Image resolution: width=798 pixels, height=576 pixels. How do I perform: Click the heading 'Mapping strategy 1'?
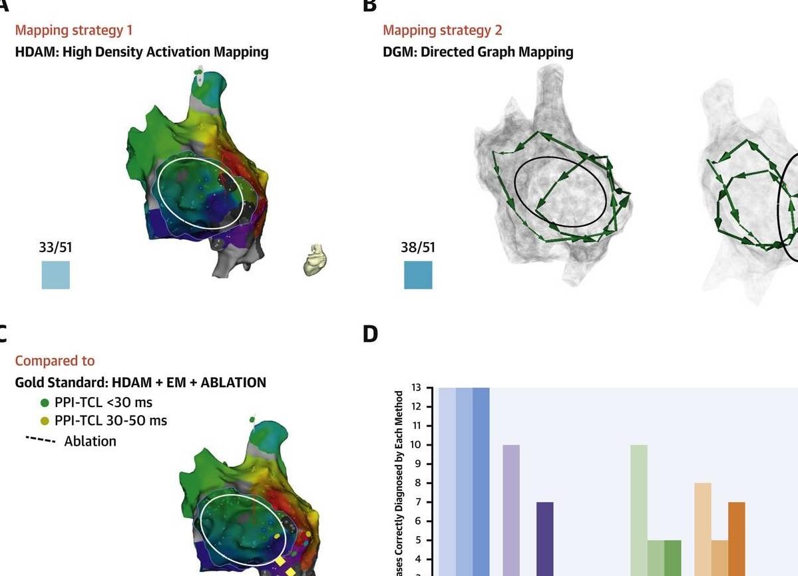coord(74,30)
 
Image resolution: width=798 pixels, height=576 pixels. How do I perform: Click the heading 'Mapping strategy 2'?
coord(443,30)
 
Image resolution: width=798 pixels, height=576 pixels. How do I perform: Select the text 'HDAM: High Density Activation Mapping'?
coord(142,51)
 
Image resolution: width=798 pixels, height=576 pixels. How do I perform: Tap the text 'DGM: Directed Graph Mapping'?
coord(478,51)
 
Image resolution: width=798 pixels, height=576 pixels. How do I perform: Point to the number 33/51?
coord(56,247)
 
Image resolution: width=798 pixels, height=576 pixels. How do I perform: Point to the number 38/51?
coord(418,247)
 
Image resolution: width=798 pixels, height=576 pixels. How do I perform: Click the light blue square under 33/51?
coord(56,275)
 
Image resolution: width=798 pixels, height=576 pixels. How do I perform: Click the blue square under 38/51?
coord(418,275)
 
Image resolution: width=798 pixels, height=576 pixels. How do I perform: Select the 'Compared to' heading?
coord(55,360)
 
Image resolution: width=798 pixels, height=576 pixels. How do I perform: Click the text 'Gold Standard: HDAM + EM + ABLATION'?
coord(140,382)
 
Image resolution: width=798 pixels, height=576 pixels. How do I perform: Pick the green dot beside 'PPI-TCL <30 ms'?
coord(45,402)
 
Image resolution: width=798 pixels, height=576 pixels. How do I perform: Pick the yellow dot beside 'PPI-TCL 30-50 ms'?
coord(45,421)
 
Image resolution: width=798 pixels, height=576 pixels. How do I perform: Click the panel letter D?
coord(370,334)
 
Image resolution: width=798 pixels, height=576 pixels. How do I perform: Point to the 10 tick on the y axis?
coord(417,445)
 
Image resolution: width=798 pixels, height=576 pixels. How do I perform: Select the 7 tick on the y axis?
coord(417,502)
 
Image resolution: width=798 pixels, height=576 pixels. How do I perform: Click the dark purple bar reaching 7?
coord(545,539)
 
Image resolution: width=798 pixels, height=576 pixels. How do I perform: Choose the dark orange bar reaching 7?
coord(737,539)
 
